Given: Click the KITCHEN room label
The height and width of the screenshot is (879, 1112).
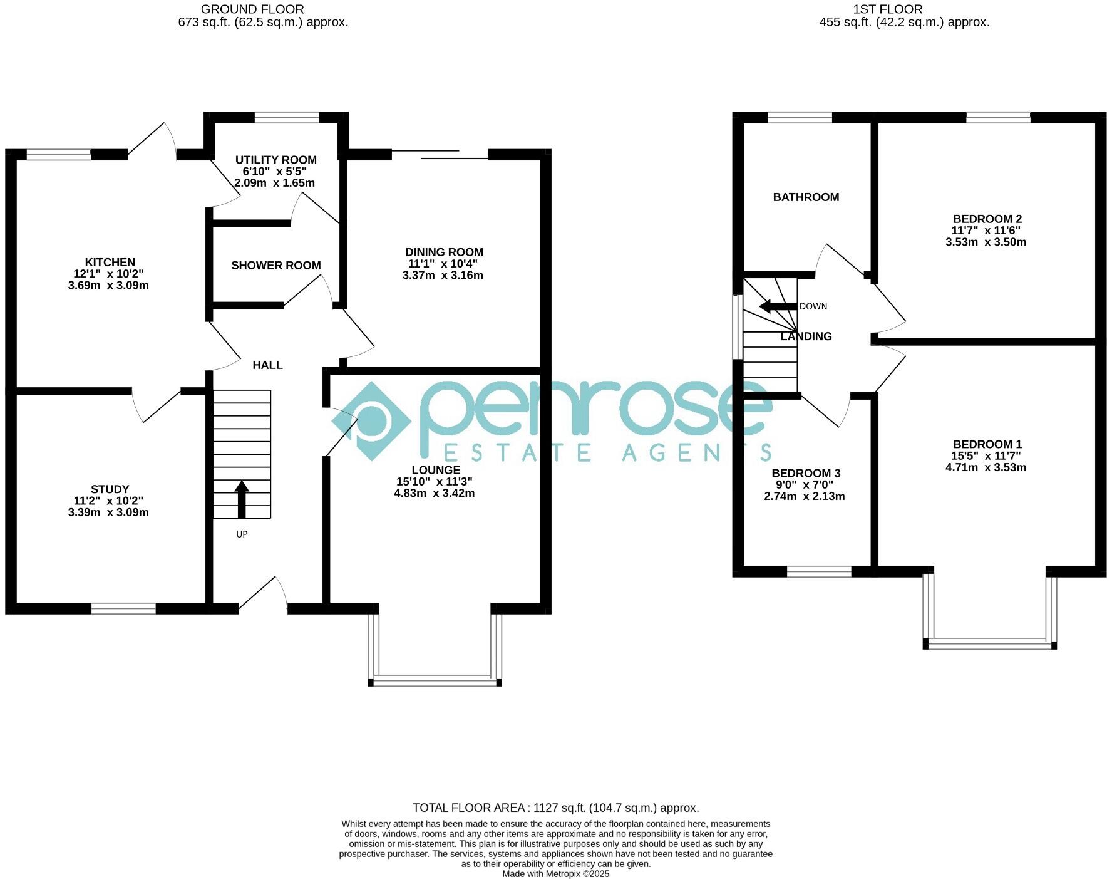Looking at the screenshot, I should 110,262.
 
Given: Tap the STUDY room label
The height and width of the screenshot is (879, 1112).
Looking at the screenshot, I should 110,489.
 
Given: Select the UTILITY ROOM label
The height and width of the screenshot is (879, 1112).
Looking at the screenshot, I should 275,160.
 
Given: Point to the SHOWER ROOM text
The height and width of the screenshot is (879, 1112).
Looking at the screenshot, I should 275,266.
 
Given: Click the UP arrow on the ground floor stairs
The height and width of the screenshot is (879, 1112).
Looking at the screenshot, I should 242,499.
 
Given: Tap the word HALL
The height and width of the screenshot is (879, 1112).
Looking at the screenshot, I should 267,365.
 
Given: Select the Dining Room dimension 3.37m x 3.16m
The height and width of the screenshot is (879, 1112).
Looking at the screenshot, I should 442,275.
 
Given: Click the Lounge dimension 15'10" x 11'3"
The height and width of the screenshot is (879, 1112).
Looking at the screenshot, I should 434,482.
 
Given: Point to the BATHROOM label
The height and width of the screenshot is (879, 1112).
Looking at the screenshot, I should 805,197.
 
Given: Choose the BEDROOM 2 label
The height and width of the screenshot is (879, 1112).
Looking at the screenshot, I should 987,219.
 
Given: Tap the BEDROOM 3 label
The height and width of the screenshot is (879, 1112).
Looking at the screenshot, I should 805,473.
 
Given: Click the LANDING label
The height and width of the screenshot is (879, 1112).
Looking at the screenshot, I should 805,336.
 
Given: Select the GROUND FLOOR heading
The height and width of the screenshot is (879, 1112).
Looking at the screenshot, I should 252,9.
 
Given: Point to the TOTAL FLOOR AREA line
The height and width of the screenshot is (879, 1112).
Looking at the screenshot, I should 555,808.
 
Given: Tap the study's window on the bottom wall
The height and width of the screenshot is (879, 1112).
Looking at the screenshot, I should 123,608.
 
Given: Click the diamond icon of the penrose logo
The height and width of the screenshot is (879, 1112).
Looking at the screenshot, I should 371,421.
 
